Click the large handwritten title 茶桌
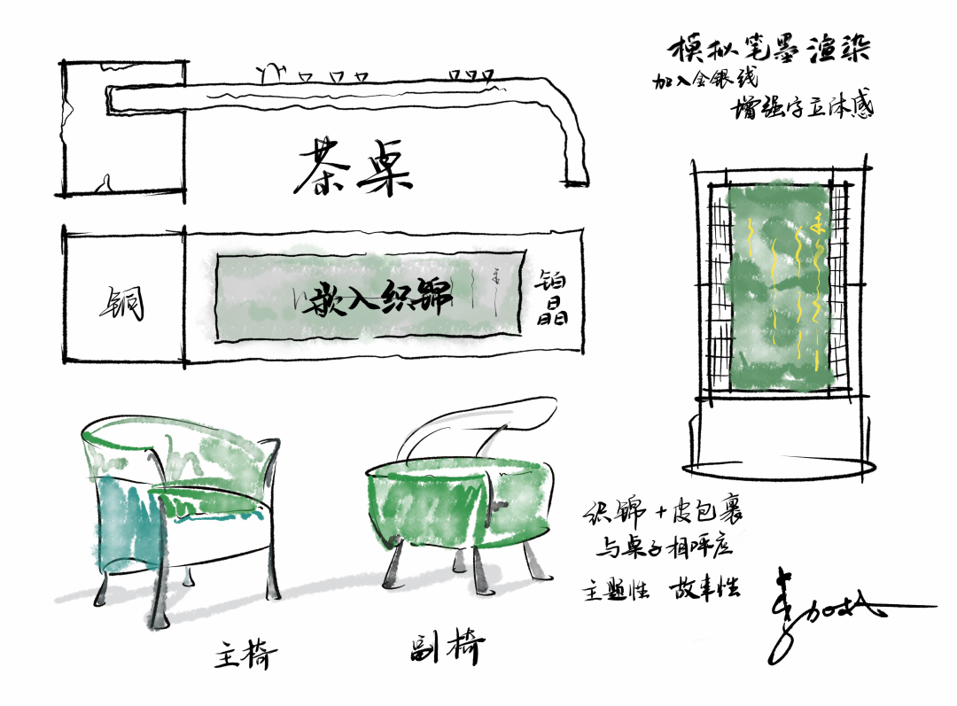353,169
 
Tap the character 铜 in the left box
121,303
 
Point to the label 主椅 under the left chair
245,656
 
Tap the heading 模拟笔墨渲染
767,49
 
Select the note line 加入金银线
704,80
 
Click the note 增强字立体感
802,108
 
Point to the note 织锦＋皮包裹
662,514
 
